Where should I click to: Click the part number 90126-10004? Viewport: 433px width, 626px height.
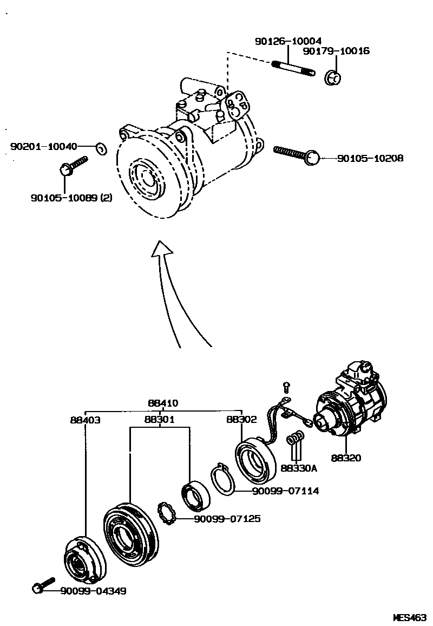(x=288, y=41)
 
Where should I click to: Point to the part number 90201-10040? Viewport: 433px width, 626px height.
(x=44, y=146)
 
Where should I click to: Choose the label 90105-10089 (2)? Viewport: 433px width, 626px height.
(x=71, y=198)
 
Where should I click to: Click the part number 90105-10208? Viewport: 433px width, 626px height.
(x=370, y=159)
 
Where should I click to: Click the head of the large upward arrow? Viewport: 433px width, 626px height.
(x=162, y=250)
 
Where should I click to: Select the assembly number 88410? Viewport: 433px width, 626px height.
(x=163, y=403)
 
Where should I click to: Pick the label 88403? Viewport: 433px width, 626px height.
(x=85, y=419)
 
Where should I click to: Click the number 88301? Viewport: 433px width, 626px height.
(x=160, y=419)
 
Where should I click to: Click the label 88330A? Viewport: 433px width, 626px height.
(x=298, y=468)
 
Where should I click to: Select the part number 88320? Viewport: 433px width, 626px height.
(x=346, y=458)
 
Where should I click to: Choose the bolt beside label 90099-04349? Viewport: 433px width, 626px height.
(x=43, y=585)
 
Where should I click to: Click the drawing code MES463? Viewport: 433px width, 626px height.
(x=410, y=617)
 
